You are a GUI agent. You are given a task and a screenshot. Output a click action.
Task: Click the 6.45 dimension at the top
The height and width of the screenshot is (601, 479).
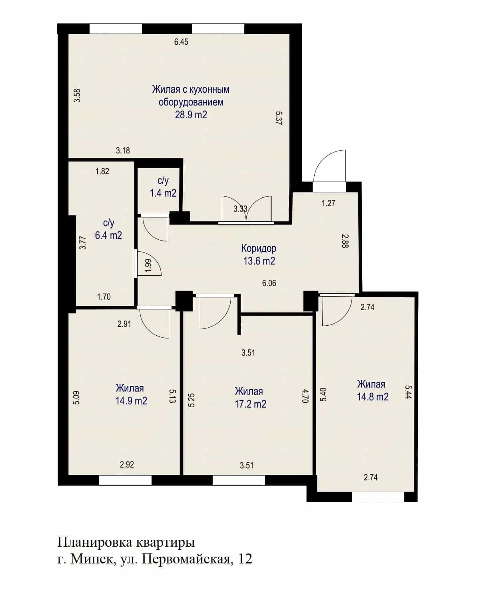point(181,42)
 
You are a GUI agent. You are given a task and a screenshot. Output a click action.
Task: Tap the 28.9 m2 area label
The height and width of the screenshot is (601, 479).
point(191,115)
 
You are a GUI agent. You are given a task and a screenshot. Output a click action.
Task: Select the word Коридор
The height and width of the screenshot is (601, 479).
point(259,248)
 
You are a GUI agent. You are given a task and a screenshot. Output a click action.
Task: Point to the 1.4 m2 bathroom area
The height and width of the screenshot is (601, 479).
point(163,193)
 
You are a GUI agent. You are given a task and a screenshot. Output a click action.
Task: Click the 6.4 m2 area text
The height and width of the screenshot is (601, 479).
point(108,235)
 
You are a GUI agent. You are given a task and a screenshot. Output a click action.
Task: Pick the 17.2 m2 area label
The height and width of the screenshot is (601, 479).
point(250,404)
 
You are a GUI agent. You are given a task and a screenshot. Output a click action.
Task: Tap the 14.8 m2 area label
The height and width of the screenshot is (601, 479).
point(373,396)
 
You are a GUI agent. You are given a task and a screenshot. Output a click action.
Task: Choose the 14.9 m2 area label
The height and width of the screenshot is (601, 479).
point(132,401)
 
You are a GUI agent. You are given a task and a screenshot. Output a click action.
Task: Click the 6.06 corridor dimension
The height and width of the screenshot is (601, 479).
point(269,283)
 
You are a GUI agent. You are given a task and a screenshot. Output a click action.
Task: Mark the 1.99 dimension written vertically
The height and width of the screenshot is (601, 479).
point(148,266)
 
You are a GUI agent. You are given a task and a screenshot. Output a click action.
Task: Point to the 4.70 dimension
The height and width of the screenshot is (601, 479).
point(305,396)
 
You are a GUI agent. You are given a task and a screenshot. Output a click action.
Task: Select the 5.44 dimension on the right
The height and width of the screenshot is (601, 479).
point(408,392)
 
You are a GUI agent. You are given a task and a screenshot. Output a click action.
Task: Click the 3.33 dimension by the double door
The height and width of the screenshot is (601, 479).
point(240,209)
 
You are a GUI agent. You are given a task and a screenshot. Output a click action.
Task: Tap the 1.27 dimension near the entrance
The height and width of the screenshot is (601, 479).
point(328,203)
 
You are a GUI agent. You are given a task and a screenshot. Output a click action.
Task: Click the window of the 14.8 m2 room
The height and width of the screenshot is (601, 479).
point(378,498)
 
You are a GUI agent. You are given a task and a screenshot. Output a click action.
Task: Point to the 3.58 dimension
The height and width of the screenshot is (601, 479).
point(77,96)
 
